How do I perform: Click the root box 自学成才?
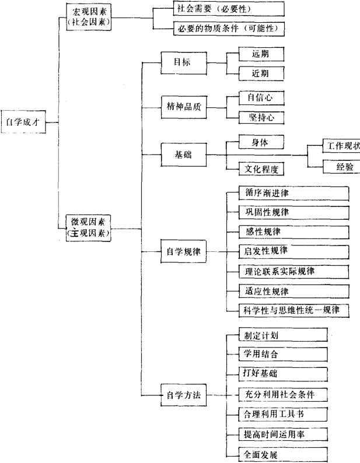[x=22, y=122]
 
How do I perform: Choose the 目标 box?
[x=183, y=62]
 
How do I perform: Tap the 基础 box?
[x=183, y=155]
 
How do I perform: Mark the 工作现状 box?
[x=341, y=145]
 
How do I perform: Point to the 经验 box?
[x=341, y=167]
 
